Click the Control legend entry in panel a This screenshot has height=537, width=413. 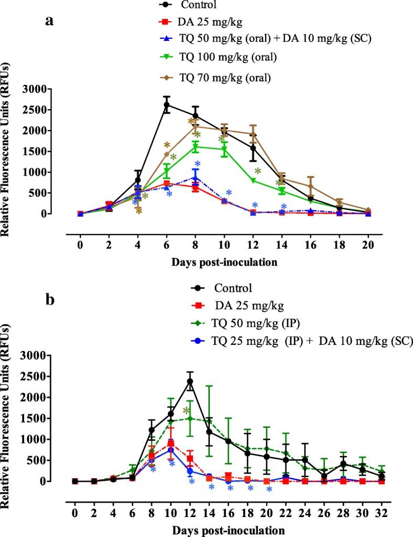coord(197,5)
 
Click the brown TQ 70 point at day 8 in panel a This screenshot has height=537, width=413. coord(195,126)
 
